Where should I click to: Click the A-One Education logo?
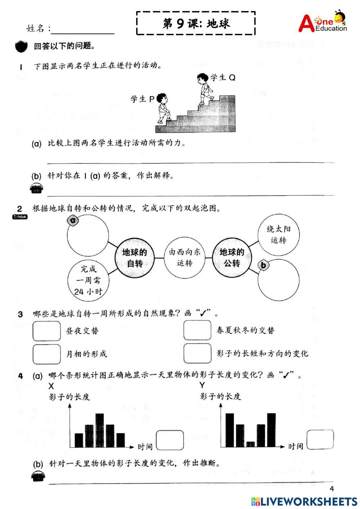[x=323, y=22]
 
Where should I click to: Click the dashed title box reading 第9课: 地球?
[x=196, y=23]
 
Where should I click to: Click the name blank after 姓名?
[x=82, y=29]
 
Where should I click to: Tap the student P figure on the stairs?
[x=163, y=108]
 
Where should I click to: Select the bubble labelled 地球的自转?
[x=135, y=258]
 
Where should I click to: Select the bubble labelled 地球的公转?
[x=232, y=258]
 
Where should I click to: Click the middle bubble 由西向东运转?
[x=184, y=258]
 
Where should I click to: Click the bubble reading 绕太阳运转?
[x=279, y=235]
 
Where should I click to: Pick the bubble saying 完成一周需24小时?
[x=89, y=280]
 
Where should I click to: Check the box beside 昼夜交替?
[x=47, y=331]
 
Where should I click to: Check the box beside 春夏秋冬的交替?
[x=197, y=330]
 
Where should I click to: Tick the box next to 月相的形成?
[x=47, y=354]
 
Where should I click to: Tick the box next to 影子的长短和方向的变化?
[x=197, y=353]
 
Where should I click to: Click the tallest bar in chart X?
[x=100, y=430]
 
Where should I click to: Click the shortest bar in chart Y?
[x=251, y=445]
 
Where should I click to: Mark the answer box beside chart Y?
[x=320, y=439]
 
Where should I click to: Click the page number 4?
[x=332, y=489]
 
